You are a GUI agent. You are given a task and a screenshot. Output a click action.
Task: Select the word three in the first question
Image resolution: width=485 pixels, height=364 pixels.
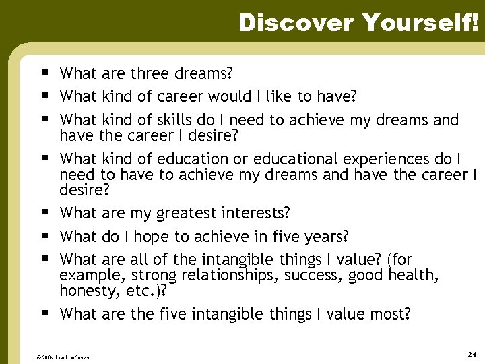pyautogui.click(x=152, y=73)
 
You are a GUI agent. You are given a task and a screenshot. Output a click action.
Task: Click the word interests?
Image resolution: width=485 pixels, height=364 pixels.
pyautogui.click(x=257, y=214)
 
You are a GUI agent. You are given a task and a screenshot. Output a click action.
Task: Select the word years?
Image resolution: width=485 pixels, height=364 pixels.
pyautogui.click(x=325, y=237)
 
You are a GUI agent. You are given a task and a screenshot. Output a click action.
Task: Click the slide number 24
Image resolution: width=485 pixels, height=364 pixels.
pyautogui.click(x=471, y=354)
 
